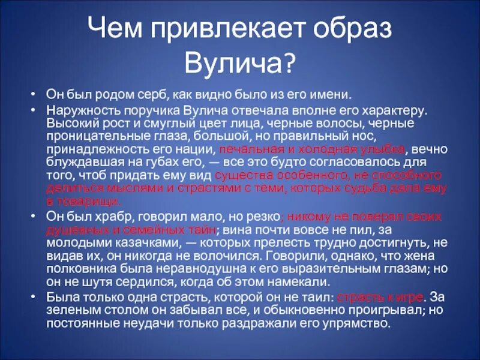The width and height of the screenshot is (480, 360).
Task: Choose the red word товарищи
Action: coord(90,202)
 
